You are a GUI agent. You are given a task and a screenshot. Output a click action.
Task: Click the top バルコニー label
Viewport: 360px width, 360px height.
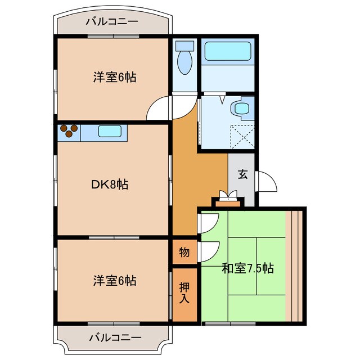[x=111, y=22]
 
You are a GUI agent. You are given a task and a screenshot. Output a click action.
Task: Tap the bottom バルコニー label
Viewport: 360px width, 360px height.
[x=115, y=338]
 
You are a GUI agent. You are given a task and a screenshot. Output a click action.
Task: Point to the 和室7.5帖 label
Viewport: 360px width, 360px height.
[x=247, y=268]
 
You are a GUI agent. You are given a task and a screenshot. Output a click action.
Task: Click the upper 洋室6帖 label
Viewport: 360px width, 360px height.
[x=115, y=78]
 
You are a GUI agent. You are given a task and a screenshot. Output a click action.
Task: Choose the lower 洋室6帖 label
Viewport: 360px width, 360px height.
[x=115, y=280]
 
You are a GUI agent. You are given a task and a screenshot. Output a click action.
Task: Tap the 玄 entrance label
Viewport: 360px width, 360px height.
[x=242, y=174]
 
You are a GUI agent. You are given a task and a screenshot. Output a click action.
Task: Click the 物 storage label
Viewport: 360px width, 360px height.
[x=184, y=252]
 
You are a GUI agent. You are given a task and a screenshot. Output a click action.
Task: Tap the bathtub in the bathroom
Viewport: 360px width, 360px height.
[x=227, y=52]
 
